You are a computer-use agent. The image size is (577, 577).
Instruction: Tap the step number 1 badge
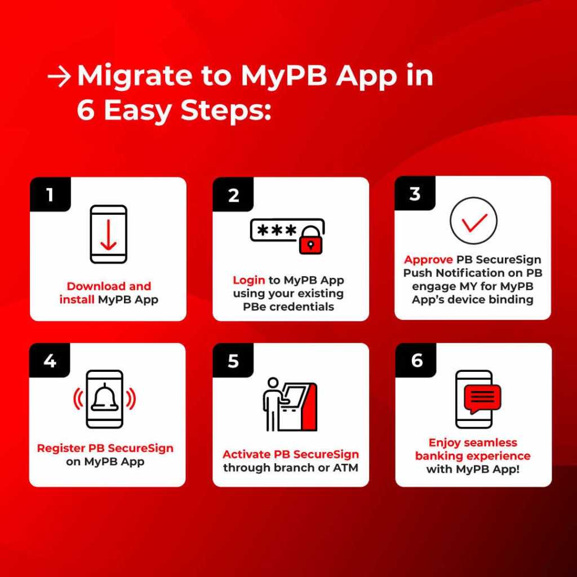[50, 195]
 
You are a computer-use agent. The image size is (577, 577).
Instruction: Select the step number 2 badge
[233, 195]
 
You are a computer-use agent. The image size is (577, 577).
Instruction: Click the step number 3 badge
[415, 194]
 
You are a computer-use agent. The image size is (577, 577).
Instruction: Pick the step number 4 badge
[50, 360]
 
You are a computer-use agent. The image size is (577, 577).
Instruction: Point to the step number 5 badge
[233, 361]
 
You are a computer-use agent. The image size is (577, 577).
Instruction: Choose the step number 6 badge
[416, 360]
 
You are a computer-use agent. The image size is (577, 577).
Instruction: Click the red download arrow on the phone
[108, 236]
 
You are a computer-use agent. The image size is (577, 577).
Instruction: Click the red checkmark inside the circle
[473, 223]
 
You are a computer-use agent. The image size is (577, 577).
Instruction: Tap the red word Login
[248, 281]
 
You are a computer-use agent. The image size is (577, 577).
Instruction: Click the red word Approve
[428, 260]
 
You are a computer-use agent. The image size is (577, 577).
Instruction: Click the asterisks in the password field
[277, 230]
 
